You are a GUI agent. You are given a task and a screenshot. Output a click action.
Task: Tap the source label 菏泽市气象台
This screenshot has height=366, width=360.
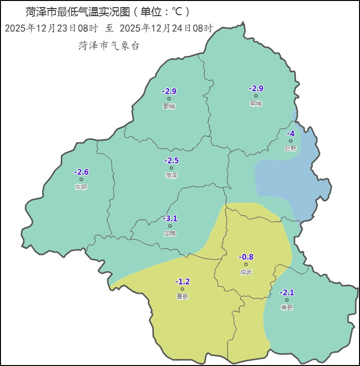coord(109,46)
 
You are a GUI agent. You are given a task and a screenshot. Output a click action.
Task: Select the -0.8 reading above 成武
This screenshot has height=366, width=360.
coord(246,257)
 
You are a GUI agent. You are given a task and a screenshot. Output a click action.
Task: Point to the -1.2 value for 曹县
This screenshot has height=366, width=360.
coord(182,282)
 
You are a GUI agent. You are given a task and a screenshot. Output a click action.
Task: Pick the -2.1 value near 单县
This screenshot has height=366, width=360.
coord(287,292)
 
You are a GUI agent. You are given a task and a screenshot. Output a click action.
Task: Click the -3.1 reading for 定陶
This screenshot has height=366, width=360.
coord(170,218)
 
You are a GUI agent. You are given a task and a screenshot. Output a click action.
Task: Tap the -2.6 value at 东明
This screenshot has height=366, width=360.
coord(81,172)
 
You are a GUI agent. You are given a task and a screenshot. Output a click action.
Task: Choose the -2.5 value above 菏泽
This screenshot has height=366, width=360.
coord(171,160)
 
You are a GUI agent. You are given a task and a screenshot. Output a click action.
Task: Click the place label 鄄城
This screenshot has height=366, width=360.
coord(169,106)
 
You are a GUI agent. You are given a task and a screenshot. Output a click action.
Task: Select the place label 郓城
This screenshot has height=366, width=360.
coord(256,103)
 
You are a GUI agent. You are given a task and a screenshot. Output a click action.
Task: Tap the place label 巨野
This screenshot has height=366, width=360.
coord(291,148)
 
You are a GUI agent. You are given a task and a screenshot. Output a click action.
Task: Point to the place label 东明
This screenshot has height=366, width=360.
coord(81,187)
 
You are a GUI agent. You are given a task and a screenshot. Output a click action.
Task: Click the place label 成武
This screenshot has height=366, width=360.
coord(246,272)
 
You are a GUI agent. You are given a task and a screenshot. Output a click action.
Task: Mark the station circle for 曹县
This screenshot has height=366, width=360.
coord(182,289)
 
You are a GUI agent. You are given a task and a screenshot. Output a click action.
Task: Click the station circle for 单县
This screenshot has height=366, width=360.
coord(287,300)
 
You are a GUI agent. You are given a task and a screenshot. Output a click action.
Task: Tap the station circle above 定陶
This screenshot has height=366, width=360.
coord(170,226)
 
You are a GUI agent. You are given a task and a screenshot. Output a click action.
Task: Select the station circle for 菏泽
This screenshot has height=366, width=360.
coord(171,168)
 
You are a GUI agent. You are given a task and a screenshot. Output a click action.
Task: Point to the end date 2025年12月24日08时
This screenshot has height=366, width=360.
coord(166,28)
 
